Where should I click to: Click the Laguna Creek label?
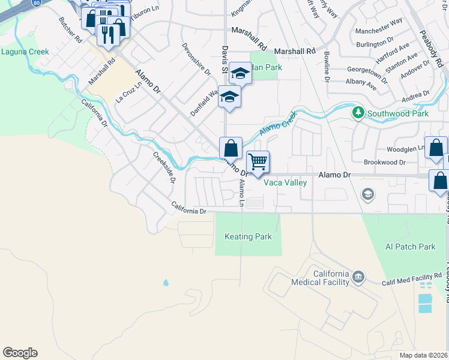click(25, 52)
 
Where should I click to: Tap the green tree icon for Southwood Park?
click(358, 112)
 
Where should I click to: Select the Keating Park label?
click(248, 237)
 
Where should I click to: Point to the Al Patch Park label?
click(411, 247)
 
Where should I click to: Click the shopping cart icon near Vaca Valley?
click(258, 161)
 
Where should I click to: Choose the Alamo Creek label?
click(279, 124)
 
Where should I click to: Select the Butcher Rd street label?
click(70, 30)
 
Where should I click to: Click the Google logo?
click(20, 353)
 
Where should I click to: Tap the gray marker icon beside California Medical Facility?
click(358, 276)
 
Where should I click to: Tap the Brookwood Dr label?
click(385, 163)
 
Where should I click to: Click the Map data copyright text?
click(424, 355)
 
